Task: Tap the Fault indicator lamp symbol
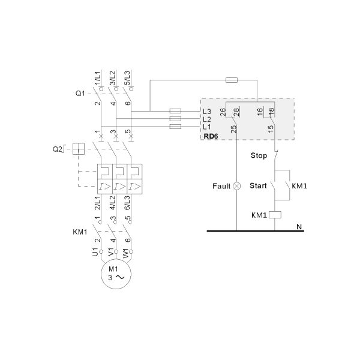(237, 186)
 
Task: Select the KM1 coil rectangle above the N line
(274, 214)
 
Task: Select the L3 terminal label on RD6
(207, 111)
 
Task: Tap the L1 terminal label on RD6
(207, 127)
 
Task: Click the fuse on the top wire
(231, 80)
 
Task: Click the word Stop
(258, 156)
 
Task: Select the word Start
(259, 186)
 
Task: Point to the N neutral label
(298, 226)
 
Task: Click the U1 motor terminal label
(94, 253)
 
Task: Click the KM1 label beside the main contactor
(80, 232)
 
